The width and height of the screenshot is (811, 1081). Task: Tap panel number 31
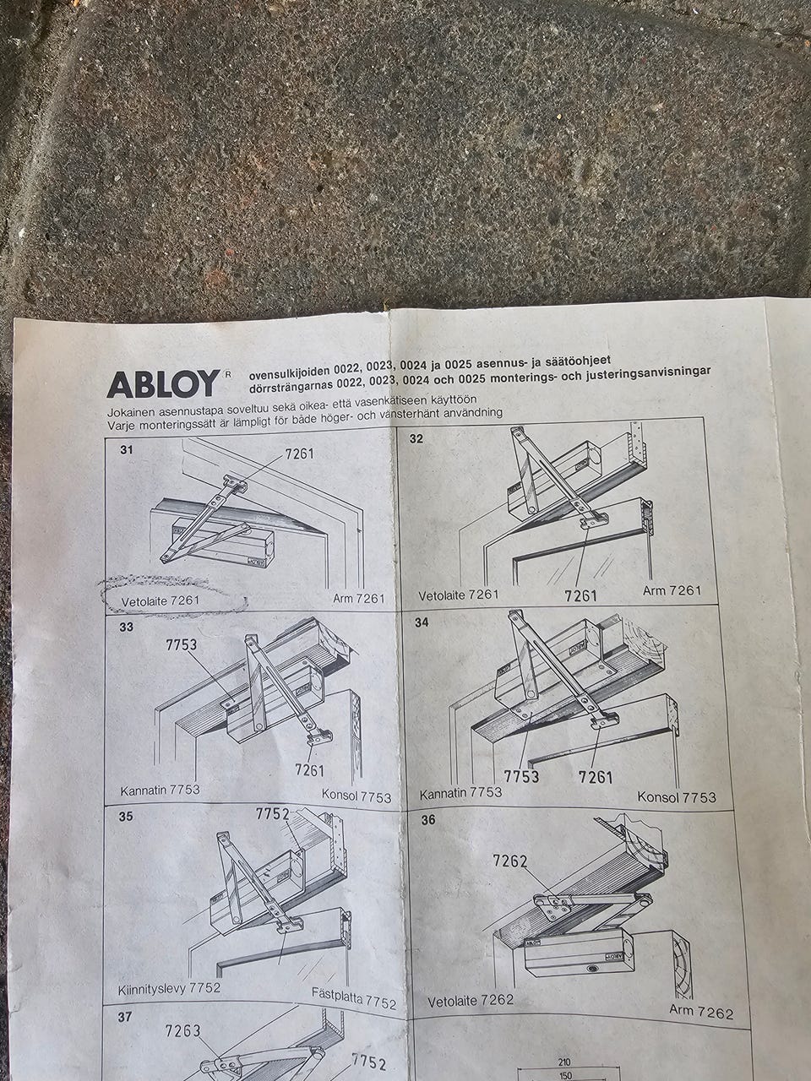pos(127,449)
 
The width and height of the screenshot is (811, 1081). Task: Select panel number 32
pos(416,438)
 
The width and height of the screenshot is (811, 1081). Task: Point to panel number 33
pos(126,627)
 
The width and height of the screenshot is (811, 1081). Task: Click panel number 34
pos(422,622)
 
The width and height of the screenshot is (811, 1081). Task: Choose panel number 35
pos(126,817)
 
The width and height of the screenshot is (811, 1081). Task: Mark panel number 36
pos(428,819)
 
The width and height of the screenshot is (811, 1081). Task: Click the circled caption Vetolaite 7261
pos(160,600)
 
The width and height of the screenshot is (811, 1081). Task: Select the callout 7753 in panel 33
pos(181,644)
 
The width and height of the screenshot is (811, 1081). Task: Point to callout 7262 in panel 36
pos(510,861)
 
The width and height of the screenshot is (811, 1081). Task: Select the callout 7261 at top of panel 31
pos(299,453)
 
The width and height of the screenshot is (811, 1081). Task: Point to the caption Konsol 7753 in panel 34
pos(677,796)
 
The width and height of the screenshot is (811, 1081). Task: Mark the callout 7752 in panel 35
pos(272,814)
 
